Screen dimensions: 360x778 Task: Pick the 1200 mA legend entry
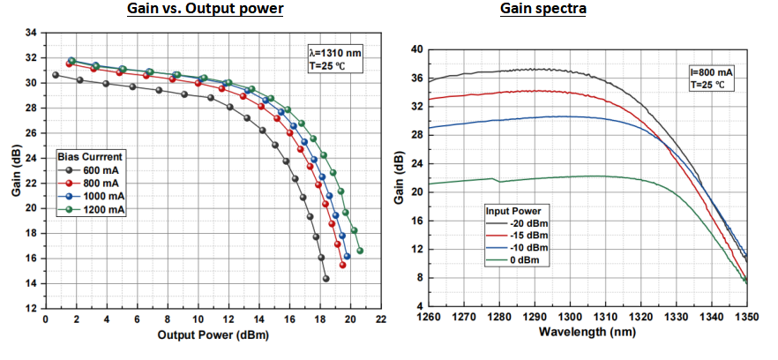(x=95, y=210)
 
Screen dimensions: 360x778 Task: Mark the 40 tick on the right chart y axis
(x=416, y=49)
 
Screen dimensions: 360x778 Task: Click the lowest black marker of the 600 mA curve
(x=325, y=279)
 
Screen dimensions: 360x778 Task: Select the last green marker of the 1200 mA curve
(x=360, y=251)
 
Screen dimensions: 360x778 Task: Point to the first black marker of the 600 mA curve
(x=56, y=75)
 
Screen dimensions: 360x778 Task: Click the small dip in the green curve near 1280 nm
(x=499, y=182)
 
